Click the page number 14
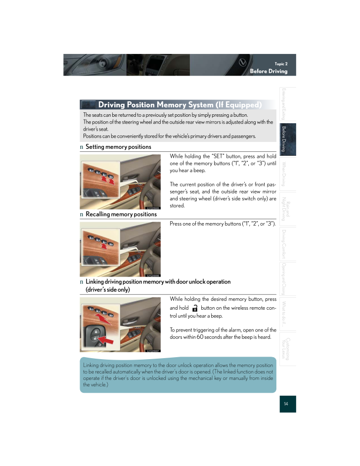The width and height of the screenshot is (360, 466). pyautogui.click(x=286, y=404)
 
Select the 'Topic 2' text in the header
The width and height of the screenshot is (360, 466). pyautogui.click(x=281, y=64)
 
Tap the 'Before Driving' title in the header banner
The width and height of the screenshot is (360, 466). pyautogui.click(x=269, y=71)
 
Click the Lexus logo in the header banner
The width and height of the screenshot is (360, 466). pyautogui.click(x=243, y=62)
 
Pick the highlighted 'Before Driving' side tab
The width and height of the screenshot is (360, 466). pyautogui.click(x=287, y=140)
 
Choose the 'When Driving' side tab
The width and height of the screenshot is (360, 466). pyautogui.click(x=287, y=174)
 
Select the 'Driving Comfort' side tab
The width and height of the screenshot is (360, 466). pyautogui.click(x=287, y=244)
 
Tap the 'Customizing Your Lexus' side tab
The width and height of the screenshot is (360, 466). pyautogui.click(x=287, y=349)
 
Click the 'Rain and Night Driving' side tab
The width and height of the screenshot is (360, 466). pyautogui.click(x=287, y=209)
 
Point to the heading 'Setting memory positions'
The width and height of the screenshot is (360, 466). pyautogui.click(x=118, y=147)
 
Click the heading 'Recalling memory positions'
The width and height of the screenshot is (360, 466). pyautogui.click(x=121, y=214)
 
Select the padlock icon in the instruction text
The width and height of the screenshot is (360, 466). pyautogui.click(x=195, y=308)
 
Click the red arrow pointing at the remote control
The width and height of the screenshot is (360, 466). pyautogui.click(x=105, y=339)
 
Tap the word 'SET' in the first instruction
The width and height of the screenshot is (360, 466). pyautogui.click(x=218, y=156)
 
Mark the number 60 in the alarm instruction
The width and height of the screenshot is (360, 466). pyautogui.click(x=200, y=337)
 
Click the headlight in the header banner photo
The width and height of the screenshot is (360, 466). pyautogui.click(x=102, y=63)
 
